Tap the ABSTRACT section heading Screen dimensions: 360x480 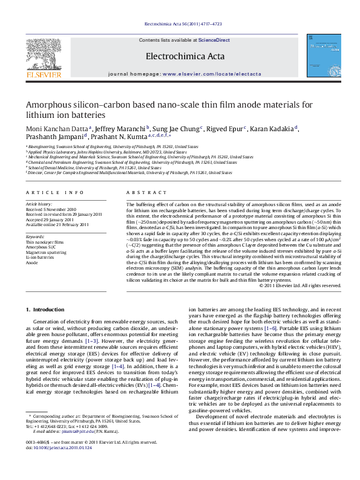coord(140,192)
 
